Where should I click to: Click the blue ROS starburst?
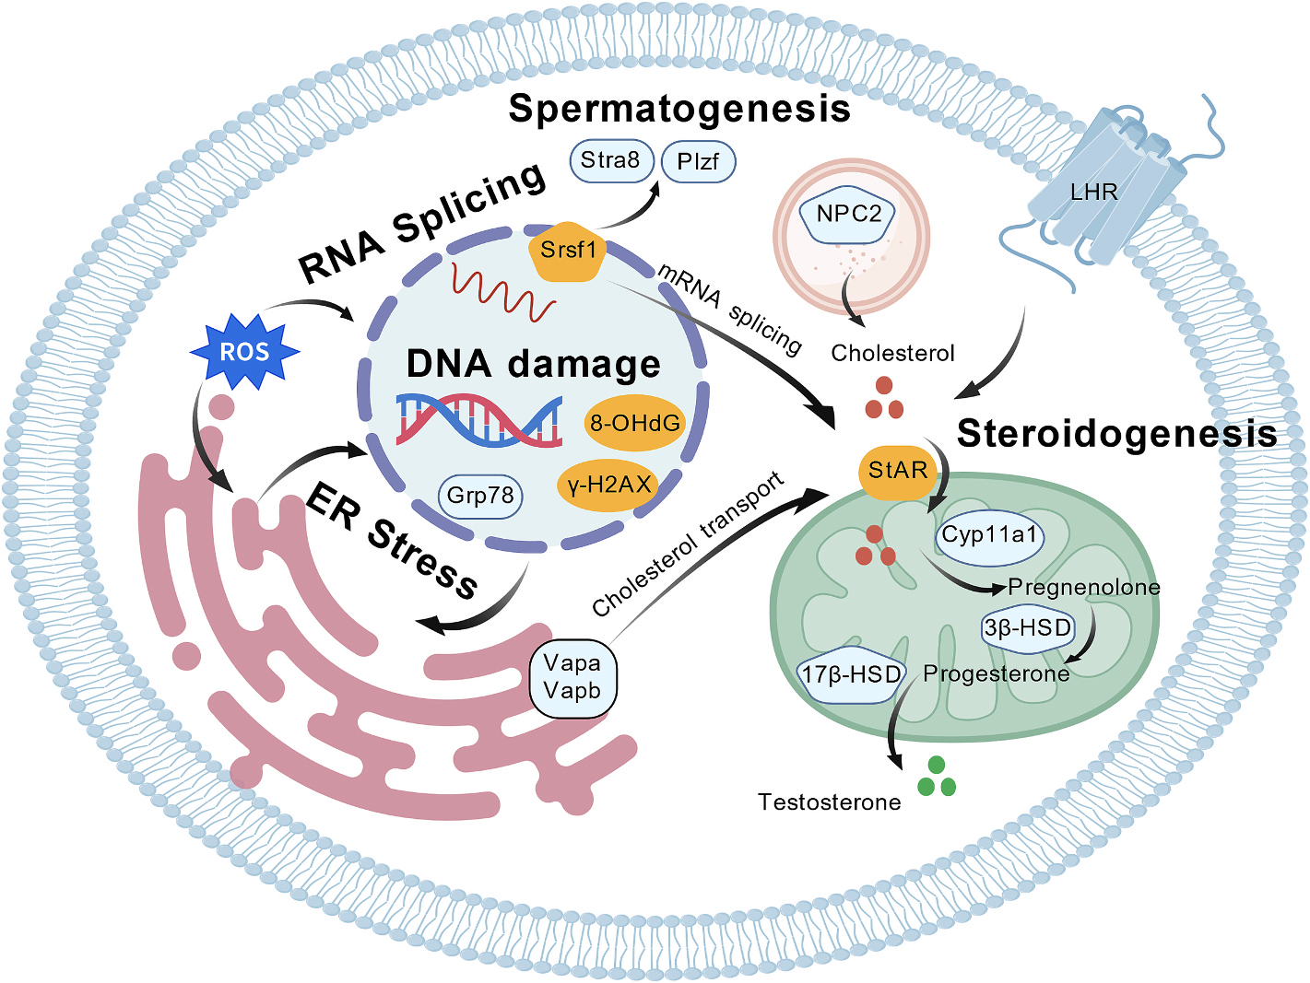click(244, 351)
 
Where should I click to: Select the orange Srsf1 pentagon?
click(568, 250)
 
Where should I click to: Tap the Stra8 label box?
click(610, 160)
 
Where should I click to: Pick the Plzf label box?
click(698, 162)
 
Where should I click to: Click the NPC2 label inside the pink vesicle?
click(849, 215)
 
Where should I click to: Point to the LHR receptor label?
click(1093, 193)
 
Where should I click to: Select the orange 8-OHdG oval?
click(635, 423)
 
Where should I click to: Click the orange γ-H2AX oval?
click(609, 485)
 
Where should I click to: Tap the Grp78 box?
click(479, 496)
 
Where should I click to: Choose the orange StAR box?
click(897, 472)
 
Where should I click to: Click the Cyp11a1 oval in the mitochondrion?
click(990, 535)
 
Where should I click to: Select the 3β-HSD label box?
click(1028, 628)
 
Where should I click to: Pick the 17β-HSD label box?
click(851, 675)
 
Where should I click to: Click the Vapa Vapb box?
click(572, 677)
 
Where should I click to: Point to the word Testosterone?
click(830, 802)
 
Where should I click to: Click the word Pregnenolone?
click(1084, 587)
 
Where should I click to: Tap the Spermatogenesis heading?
click(679, 109)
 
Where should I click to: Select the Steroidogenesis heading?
click(1117, 433)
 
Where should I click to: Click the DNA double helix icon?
click(479, 422)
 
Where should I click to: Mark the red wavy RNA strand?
click(503, 292)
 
